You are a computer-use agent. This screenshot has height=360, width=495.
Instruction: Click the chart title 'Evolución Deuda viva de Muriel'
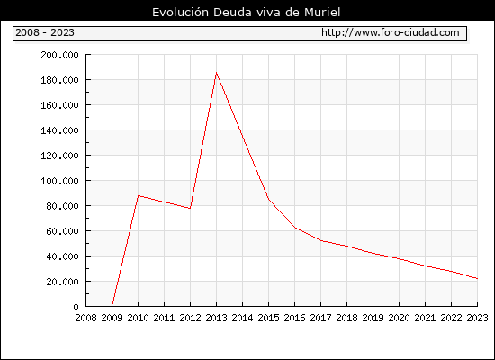click(247, 13)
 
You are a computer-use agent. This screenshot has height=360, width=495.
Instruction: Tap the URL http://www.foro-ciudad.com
click(391, 32)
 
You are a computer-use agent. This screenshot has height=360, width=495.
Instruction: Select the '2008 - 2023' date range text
click(45, 32)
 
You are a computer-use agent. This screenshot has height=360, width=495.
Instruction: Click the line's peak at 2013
click(216, 73)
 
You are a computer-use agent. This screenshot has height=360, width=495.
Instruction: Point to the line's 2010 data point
click(139, 196)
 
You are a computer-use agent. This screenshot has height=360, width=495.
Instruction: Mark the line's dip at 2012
click(190, 209)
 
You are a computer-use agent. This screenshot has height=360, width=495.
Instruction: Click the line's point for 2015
click(269, 199)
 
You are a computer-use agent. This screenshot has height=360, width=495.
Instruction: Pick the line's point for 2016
click(295, 228)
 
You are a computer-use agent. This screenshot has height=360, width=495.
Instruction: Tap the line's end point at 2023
click(477, 278)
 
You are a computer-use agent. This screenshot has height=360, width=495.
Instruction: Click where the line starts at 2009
click(112, 305)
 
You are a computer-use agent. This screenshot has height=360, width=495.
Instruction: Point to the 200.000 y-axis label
click(59, 55)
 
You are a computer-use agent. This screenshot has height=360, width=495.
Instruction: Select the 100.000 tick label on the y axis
click(59, 181)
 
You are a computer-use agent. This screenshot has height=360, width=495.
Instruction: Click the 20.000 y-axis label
click(62, 282)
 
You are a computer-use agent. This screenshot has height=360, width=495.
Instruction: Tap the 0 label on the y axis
click(76, 307)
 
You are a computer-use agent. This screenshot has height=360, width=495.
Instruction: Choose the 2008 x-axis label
click(85, 318)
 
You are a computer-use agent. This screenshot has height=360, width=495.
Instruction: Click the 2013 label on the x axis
click(216, 318)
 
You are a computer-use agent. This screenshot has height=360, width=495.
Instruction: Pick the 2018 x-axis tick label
click(346, 318)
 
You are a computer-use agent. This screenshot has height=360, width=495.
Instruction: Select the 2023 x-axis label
click(477, 318)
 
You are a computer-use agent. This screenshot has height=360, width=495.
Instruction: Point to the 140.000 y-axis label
click(59, 130)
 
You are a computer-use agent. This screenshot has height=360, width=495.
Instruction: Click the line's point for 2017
click(321, 240)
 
